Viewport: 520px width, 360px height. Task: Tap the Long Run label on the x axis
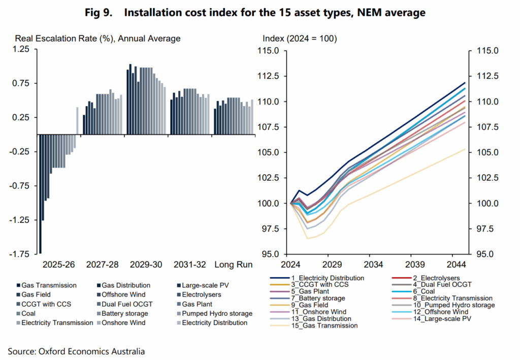pos(234,265)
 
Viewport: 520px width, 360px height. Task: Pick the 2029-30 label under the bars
pos(146,265)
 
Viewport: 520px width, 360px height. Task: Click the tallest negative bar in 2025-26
pos(40,193)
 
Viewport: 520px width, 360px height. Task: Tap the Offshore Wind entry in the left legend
pos(124,294)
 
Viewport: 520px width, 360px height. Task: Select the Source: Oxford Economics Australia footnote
pos(76,351)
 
